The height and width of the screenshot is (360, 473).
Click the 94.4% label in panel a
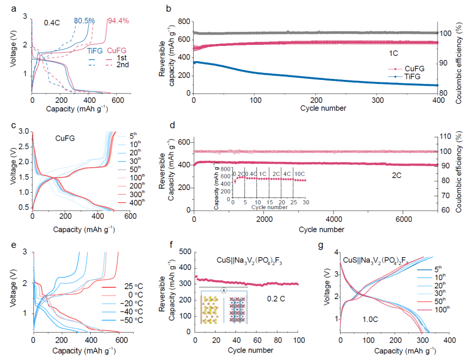(x=118, y=21)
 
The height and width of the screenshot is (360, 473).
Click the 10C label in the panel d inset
(x=300, y=173)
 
